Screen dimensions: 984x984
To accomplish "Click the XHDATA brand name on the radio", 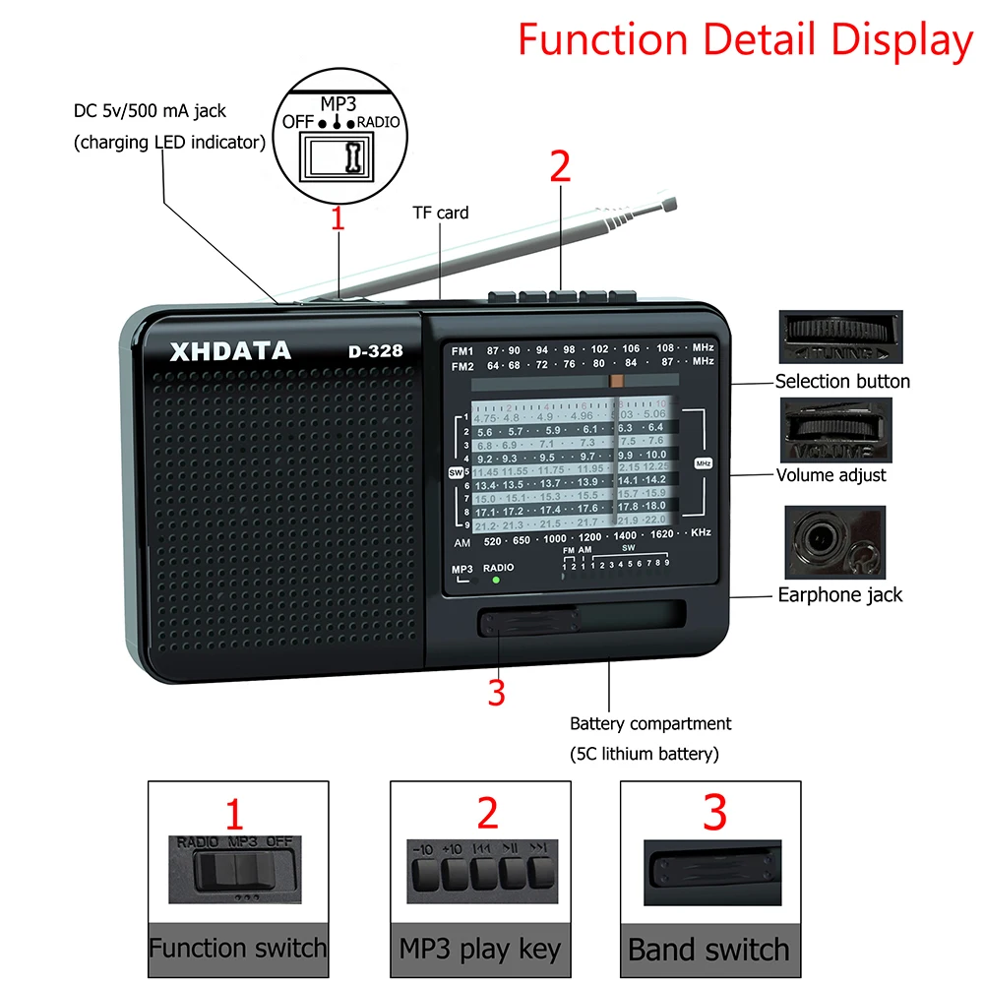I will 230,351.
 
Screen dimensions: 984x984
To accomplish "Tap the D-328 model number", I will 375,351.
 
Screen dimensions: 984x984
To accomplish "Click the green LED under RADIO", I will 496,581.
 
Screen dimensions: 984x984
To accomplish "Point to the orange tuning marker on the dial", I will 617,380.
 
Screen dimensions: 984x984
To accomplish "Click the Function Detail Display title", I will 745,40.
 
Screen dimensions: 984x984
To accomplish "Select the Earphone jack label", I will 839,594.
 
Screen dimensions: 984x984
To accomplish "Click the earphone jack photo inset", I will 834,542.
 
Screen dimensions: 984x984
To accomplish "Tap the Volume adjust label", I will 830,475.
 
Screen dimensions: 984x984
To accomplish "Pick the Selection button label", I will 842,382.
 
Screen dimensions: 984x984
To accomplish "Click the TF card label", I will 439,213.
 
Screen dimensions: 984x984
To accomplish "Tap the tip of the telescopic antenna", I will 670,204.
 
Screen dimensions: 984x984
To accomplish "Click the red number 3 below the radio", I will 497,693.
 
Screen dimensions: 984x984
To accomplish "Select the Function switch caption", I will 237,949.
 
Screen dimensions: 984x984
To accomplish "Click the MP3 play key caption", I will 480,949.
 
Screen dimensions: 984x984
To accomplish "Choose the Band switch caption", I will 708,950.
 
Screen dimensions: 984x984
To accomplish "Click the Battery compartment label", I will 650,724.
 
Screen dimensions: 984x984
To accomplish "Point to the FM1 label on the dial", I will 462,350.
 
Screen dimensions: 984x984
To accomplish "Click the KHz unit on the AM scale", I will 701,532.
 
